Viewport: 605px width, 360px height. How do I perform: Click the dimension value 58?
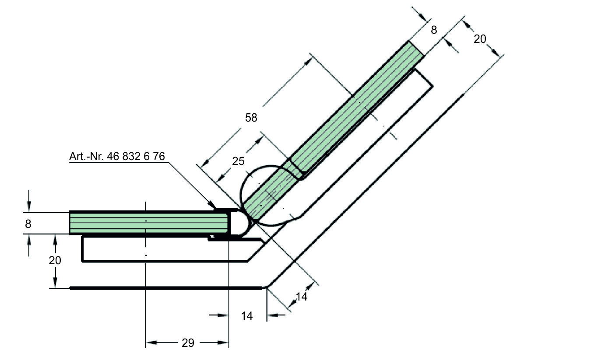(251, 118)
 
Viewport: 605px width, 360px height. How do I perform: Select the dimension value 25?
(238, 161)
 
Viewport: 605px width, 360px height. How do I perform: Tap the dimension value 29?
(187, 343)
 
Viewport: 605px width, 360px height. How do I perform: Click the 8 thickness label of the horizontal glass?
(28, 224)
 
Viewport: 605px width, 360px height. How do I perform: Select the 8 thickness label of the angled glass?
(434, 30)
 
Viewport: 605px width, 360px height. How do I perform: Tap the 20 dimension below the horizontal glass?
(55, 260)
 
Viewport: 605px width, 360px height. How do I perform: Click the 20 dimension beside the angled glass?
(480, 39)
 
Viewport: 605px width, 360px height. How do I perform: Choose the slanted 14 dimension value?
(302, 297)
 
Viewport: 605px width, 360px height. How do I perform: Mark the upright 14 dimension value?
(247, 316)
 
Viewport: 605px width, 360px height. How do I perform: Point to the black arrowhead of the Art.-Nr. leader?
(212, 205)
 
